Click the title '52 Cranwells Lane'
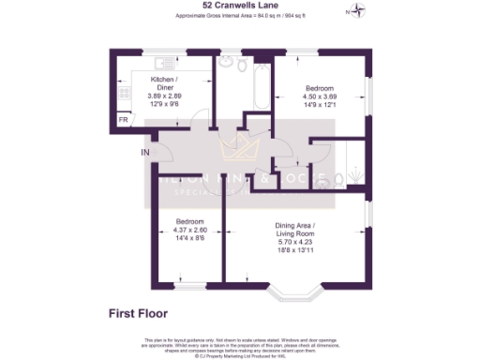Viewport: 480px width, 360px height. coord(239,5)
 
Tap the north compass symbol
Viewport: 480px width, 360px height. coord(357,12)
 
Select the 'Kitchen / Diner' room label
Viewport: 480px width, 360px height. coord(164,83)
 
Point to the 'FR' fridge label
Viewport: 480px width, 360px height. coord(123,120)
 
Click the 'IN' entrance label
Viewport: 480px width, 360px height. coord(144,153)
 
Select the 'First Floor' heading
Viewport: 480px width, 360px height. coord(138,314)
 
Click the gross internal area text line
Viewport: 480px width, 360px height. coord(239,17)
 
